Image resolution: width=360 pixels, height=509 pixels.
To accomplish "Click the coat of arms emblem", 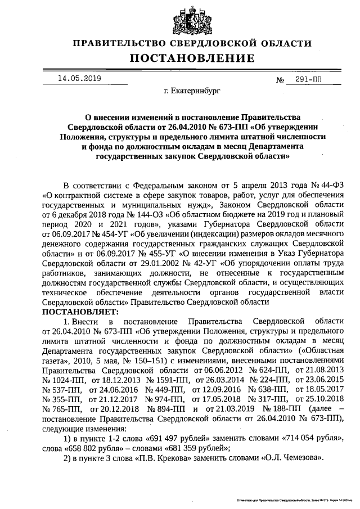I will [x=180, y=19].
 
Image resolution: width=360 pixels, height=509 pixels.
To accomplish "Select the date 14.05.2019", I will [x=79, y=79].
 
